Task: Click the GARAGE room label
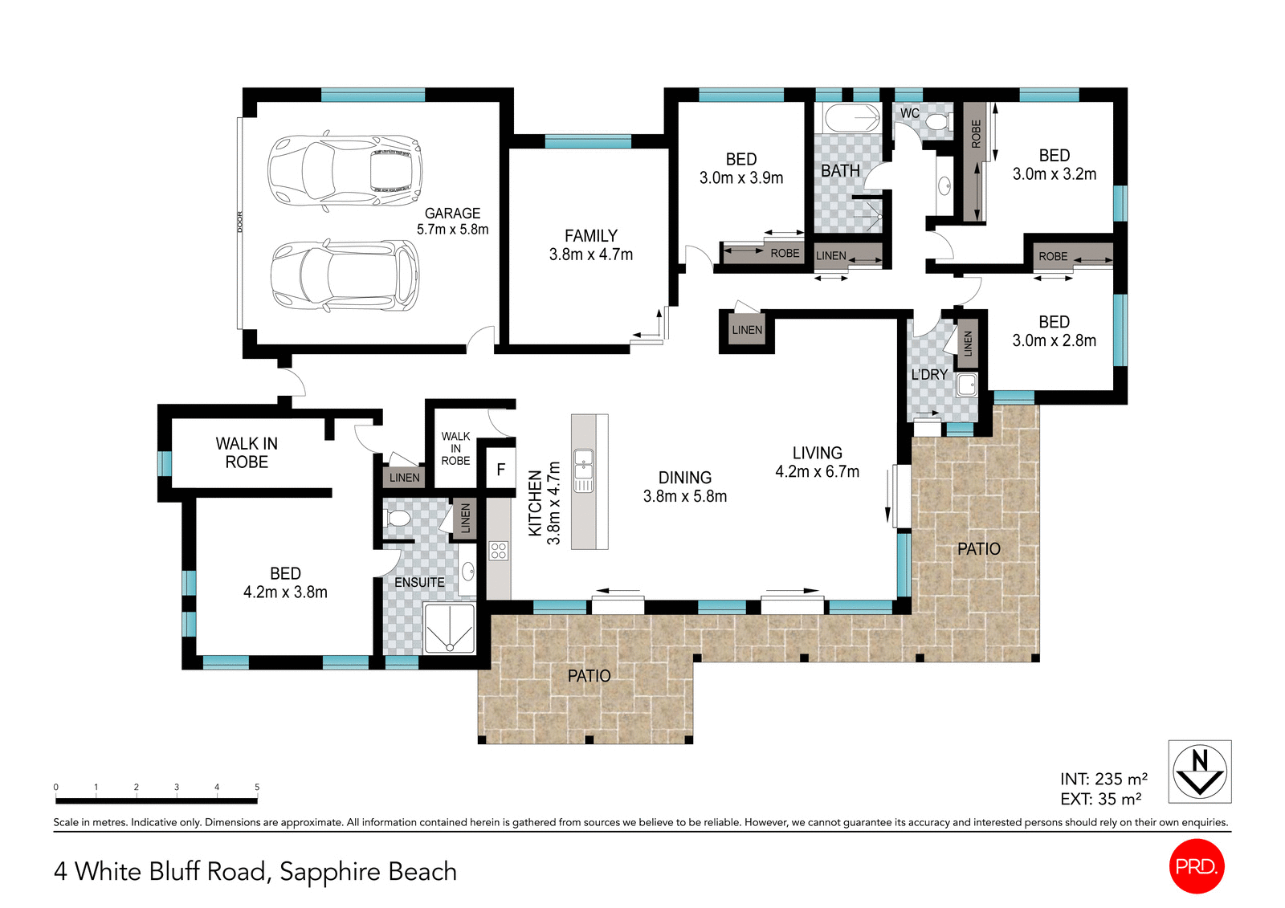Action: click(452, 221)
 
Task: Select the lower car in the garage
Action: click(345, 275)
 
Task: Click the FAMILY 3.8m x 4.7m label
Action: click(591, 245)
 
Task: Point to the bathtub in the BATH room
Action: click(852, 118)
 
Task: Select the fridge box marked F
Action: click(501, 470)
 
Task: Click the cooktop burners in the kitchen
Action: click(499, 551)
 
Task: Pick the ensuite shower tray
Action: click(449, 629)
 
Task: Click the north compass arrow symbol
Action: click(1199, 771)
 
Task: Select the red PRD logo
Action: click(1197, 866)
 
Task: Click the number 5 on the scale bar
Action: click(257, 787)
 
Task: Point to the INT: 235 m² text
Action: click(1103, 779)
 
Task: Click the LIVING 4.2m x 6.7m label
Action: click(817, 462)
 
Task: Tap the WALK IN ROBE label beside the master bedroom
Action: click(247, 453)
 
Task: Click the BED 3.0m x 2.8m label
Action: click(1054, 331)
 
